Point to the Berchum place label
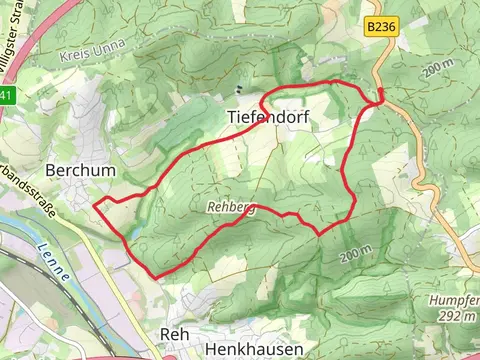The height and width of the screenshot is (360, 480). click(x=80, y=171)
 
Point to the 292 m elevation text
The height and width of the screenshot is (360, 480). click(x=457, y=315)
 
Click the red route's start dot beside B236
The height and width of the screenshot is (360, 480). click(x=381, y=96)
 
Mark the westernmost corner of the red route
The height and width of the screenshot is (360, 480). click(x=94, y=205)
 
